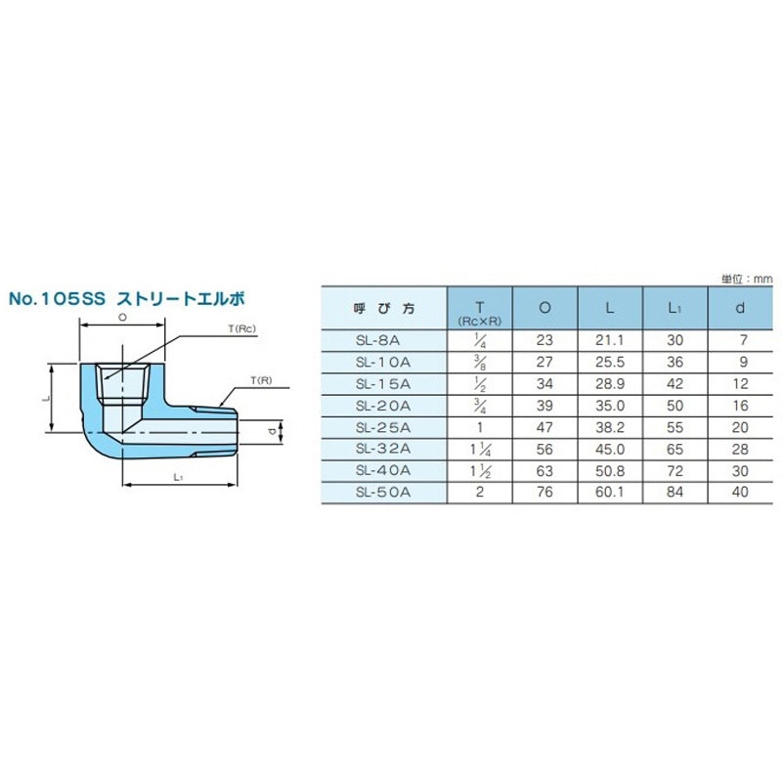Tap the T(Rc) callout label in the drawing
pos(241,330)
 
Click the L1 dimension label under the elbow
pos(178,477)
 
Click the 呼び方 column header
pos(384,308)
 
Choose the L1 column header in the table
pos(673,308)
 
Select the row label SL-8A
pos(384,339)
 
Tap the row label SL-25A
pos(384,426)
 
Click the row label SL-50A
pos(384,492)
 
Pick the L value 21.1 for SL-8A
pos(609,339)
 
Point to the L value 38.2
pos(609,426)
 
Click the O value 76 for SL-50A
pos(544,492)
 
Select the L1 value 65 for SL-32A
pos(673,449)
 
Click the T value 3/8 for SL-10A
pos(480,361)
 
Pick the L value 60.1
pos(609,492)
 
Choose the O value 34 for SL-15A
pos(544,383)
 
